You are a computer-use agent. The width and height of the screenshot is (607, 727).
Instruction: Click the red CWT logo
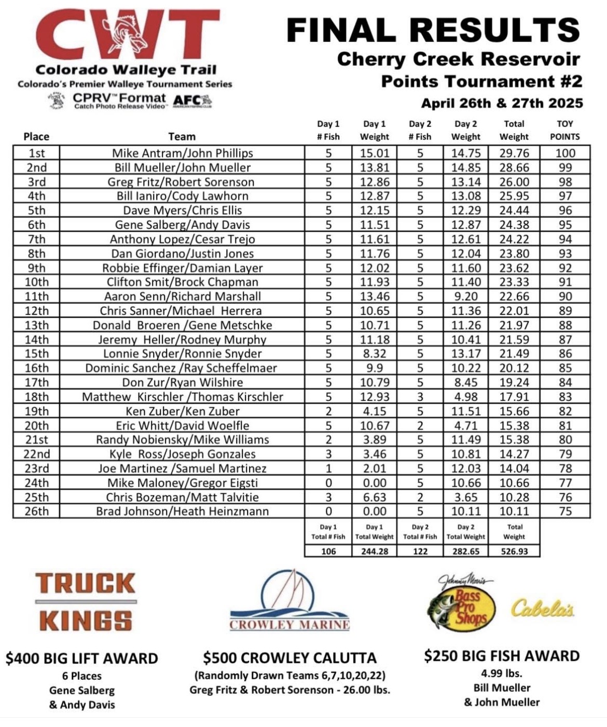point(128,34)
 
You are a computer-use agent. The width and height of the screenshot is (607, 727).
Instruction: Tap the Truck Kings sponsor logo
point(86,602)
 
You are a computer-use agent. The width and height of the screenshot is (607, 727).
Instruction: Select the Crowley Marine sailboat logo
point(289,601)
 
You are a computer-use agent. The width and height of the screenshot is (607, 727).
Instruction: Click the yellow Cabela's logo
point(542,608)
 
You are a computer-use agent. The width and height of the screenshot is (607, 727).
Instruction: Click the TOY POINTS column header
point(564,131)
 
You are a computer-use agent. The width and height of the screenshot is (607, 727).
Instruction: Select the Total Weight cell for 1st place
point(514,153)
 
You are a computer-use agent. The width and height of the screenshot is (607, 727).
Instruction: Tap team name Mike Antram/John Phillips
point(182,153)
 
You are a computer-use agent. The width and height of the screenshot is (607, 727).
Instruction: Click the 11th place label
point(36,296)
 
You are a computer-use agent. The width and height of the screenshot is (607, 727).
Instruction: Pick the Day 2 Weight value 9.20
point(465,296)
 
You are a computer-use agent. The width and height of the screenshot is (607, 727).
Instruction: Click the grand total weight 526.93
point(514,551)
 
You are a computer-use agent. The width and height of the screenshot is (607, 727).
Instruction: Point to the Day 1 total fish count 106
point(328,551)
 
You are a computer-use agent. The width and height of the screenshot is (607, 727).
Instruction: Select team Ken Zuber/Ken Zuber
point(182,411)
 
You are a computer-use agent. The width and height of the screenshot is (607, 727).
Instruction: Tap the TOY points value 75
point(565,511)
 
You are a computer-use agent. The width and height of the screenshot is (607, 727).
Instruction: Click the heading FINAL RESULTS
point(433,30)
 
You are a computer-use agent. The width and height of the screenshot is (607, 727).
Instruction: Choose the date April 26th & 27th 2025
point(502,103)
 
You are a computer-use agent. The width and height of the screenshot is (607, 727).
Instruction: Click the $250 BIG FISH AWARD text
point(501,656)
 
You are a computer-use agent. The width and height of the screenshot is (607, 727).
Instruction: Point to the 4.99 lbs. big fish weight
point(501,674)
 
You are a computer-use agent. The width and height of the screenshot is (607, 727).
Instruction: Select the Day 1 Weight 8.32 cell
point(374,353)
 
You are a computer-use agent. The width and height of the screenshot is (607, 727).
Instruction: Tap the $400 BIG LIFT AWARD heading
point(82,659)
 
